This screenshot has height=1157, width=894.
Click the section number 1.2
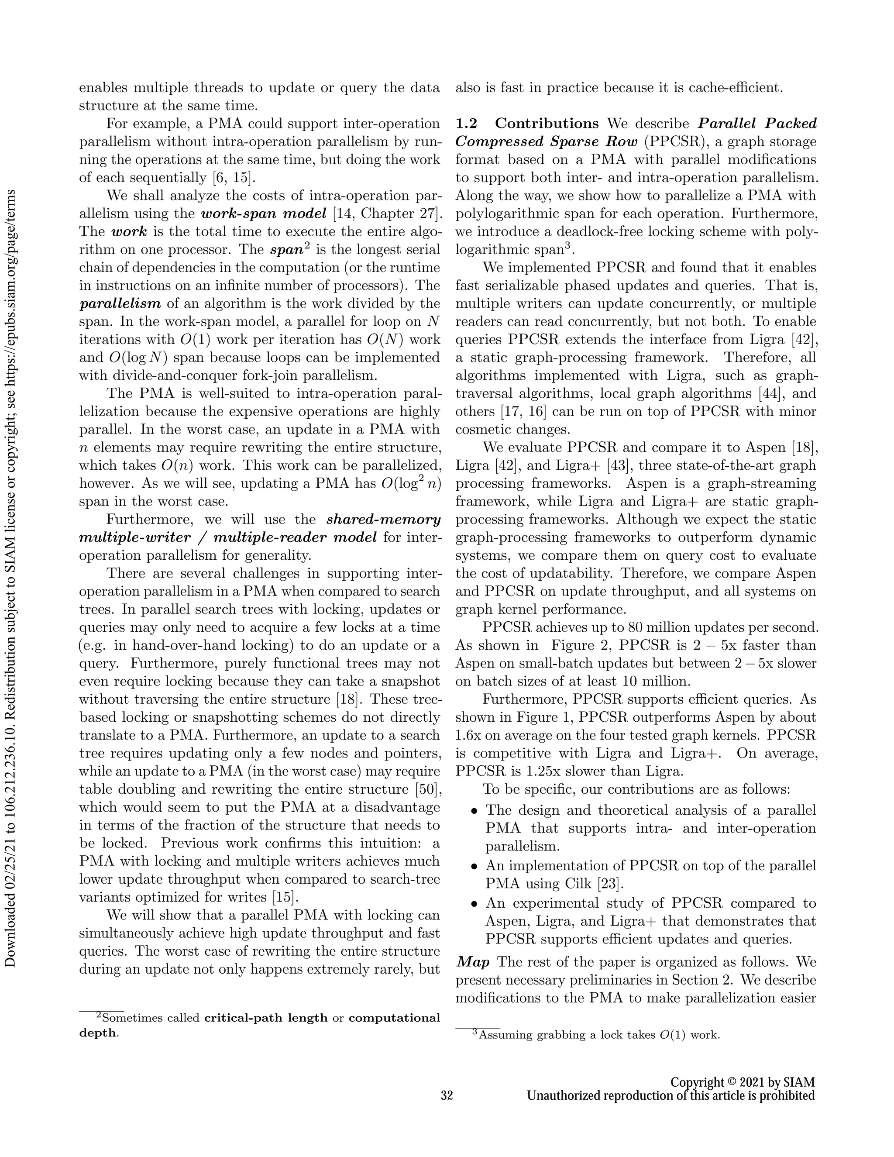click(x=466, y=124)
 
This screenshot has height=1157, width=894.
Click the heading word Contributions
click(x=547, y=124)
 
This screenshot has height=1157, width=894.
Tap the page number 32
click(x=447, y=1095)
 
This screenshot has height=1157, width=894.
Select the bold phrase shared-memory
click(x=383, y=519)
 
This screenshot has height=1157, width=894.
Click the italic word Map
click(x=472, y=961)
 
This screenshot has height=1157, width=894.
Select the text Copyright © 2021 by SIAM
click(x=742, y=1082)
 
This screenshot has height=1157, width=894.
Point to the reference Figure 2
click(x=581, y=645)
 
